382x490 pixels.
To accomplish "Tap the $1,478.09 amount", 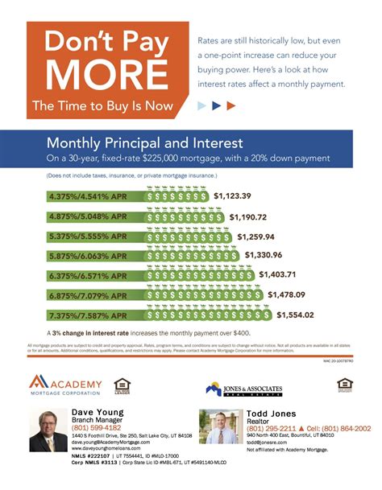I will pyautogui.click(x=291, y=294).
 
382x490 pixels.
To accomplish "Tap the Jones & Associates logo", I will pyautogui.click(x=246, y=389).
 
